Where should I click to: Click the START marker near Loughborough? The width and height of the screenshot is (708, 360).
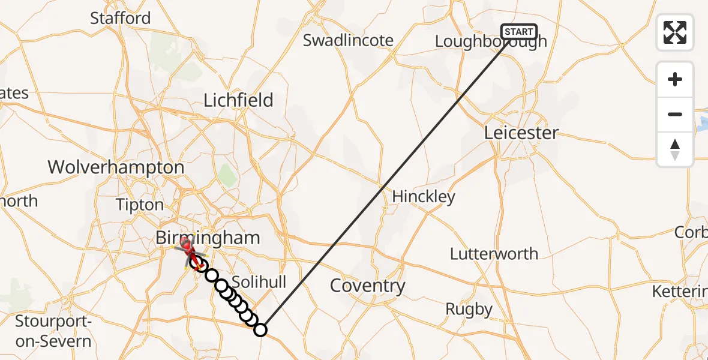tap(518, 32)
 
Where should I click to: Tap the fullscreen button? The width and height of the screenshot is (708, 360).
tap(675, 32)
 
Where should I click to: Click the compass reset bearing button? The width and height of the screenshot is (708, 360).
tap(675, 149)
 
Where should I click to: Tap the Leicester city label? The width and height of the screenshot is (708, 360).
tap(522, 133)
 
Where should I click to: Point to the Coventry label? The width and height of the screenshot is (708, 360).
tap(368, 286)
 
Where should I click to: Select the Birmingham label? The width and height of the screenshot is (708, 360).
tap(208, 238)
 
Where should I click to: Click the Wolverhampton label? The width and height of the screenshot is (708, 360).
tap(116, 167)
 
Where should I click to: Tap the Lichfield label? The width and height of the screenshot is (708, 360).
tap(238, 100)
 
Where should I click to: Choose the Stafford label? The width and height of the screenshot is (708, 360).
tap(120, 18)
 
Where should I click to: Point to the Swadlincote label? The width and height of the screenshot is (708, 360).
tap(348, 40)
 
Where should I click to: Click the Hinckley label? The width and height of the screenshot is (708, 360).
tap(424, 196)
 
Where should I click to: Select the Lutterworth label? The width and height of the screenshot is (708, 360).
tap(494, 253)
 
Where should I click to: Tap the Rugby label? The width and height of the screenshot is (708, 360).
tap(469, 310)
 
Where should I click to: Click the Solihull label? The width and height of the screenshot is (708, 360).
tap(259, 282)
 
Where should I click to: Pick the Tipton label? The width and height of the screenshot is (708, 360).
tap(140, 205)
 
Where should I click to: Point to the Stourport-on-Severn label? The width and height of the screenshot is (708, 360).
tap(53, 331)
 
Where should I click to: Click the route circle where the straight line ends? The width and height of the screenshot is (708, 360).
tap(260, 329)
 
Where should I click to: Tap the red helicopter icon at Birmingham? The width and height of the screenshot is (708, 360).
tap(187, 247)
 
